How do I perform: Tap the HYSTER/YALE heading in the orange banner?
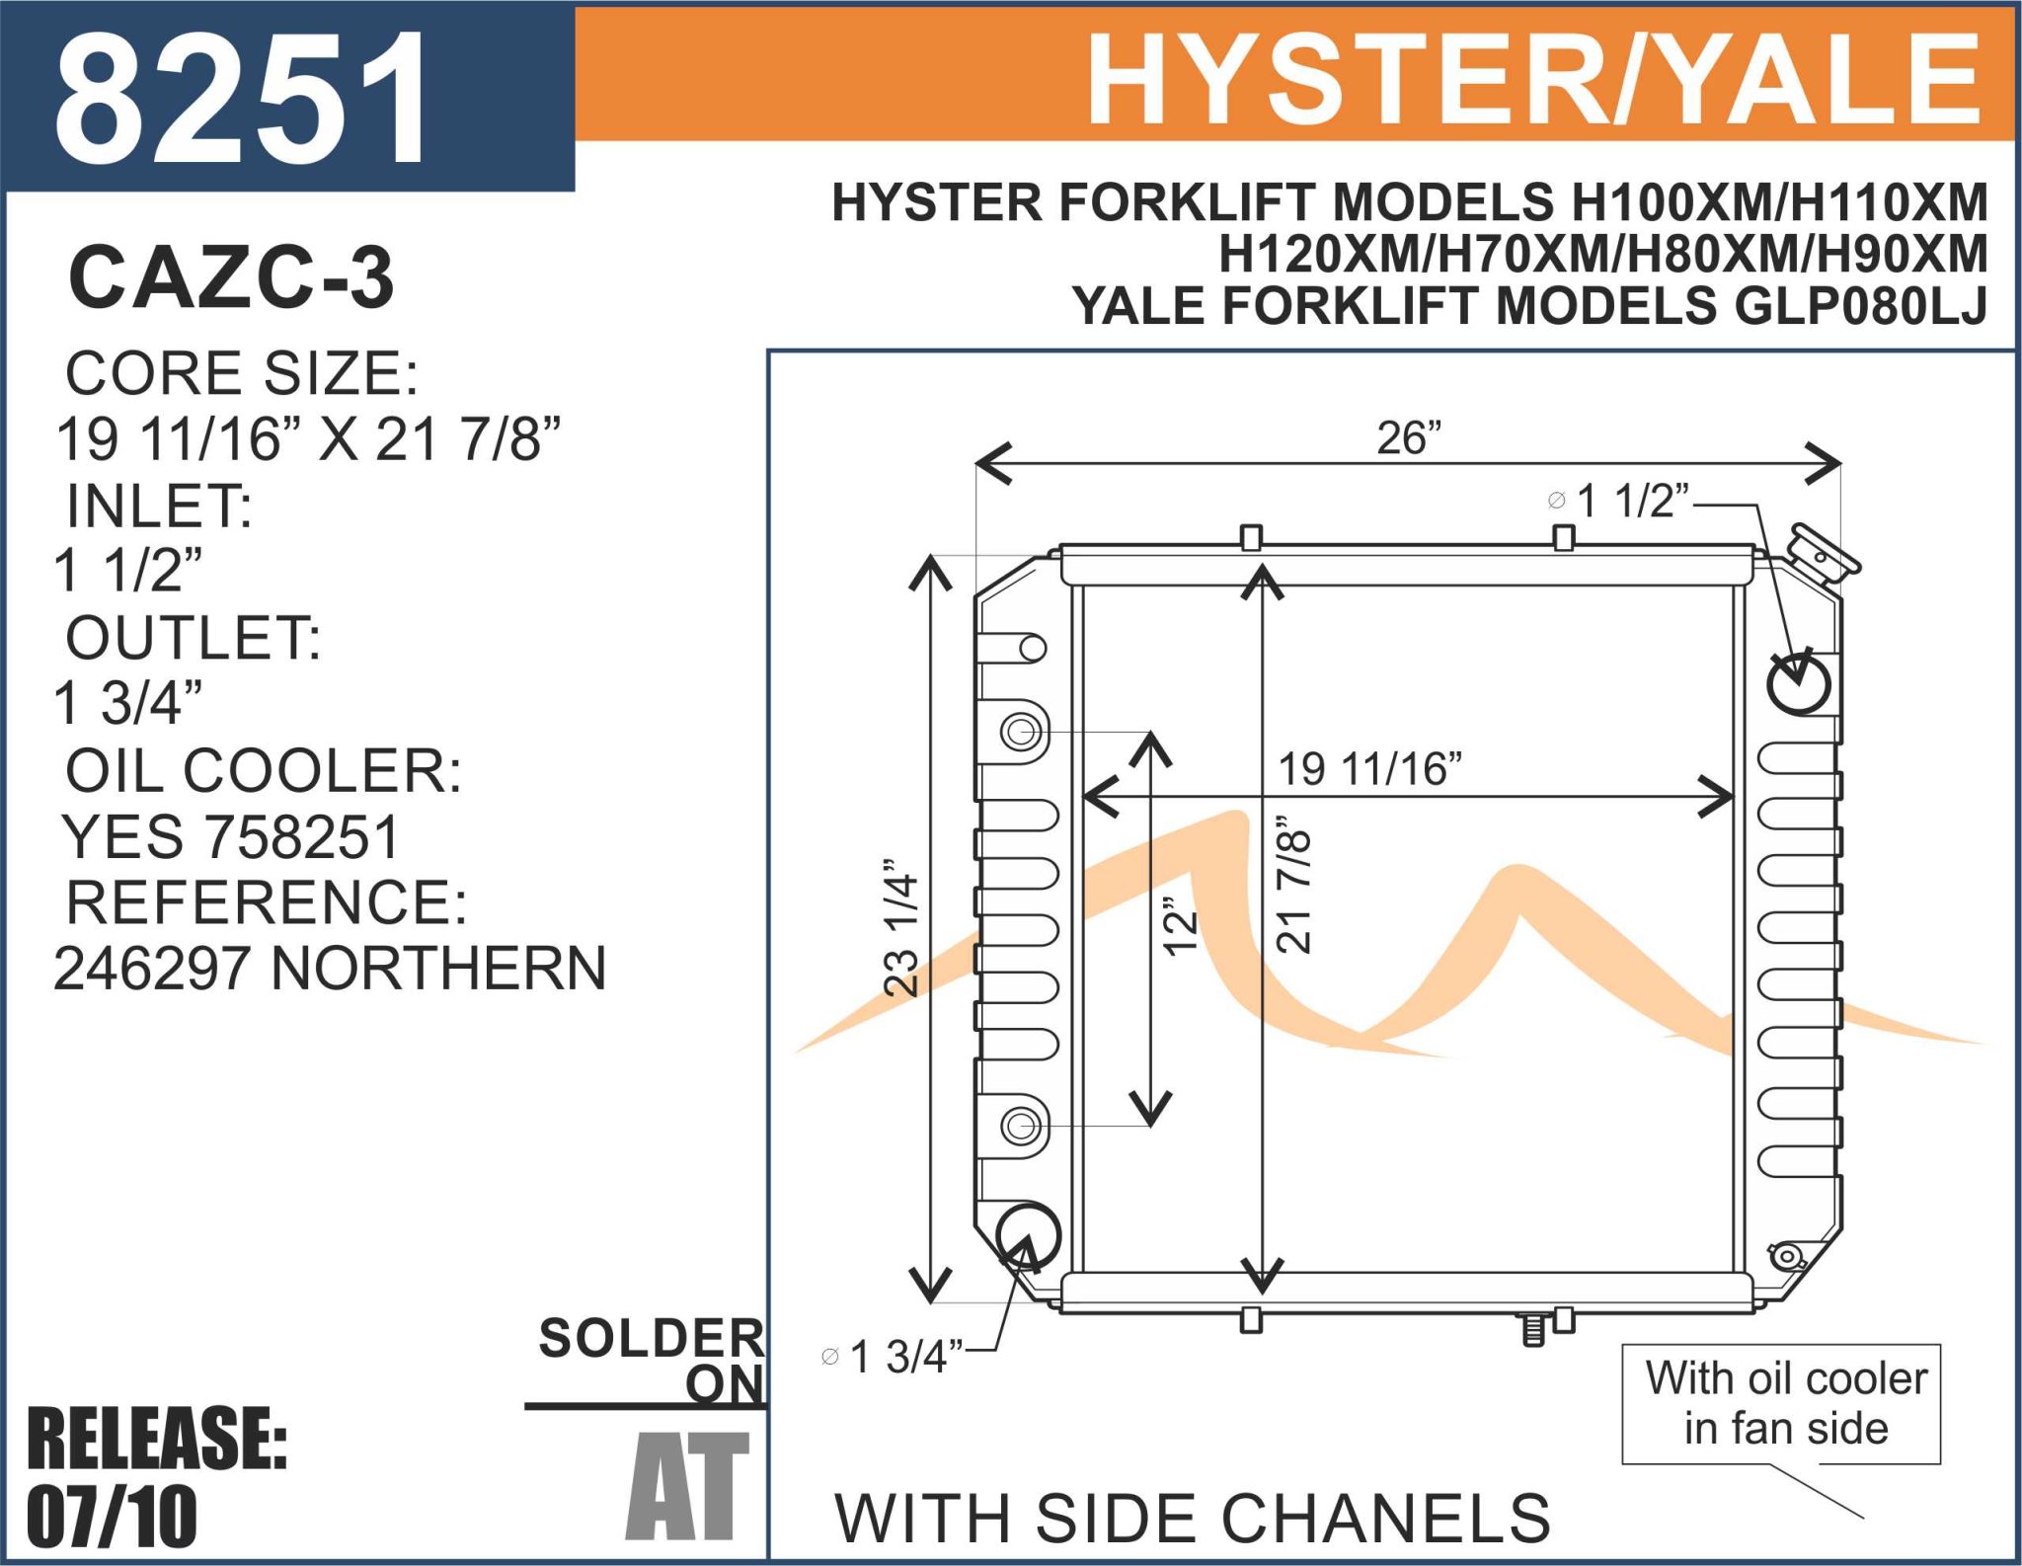tap(1534, 79)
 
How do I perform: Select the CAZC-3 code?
tap(231, 277)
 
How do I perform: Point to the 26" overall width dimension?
tap(1409, 437)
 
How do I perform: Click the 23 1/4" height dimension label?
tap(900, 926)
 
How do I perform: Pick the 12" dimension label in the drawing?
tap(1180, 926)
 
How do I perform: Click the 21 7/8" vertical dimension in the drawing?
tap(1293, 884)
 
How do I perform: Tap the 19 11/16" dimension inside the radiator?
tap(1370, 769)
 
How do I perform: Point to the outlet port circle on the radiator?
tap(1028, 1235)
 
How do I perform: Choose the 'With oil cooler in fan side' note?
tap(1785, 1403)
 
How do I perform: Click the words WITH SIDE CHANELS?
tap(1193, 1518)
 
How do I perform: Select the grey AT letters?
tap(687, 1486)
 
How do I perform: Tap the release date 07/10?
tap(112, 1517)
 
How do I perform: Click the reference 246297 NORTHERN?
tap(330, 968)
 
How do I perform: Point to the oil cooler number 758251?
tap(302, 836)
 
